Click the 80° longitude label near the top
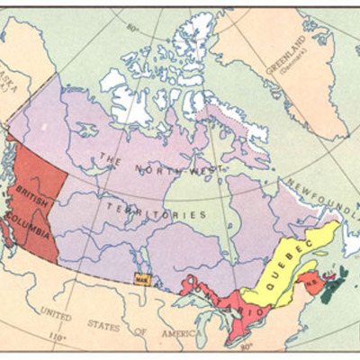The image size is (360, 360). point(133,28)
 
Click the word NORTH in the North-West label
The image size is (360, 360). point(157,169)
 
